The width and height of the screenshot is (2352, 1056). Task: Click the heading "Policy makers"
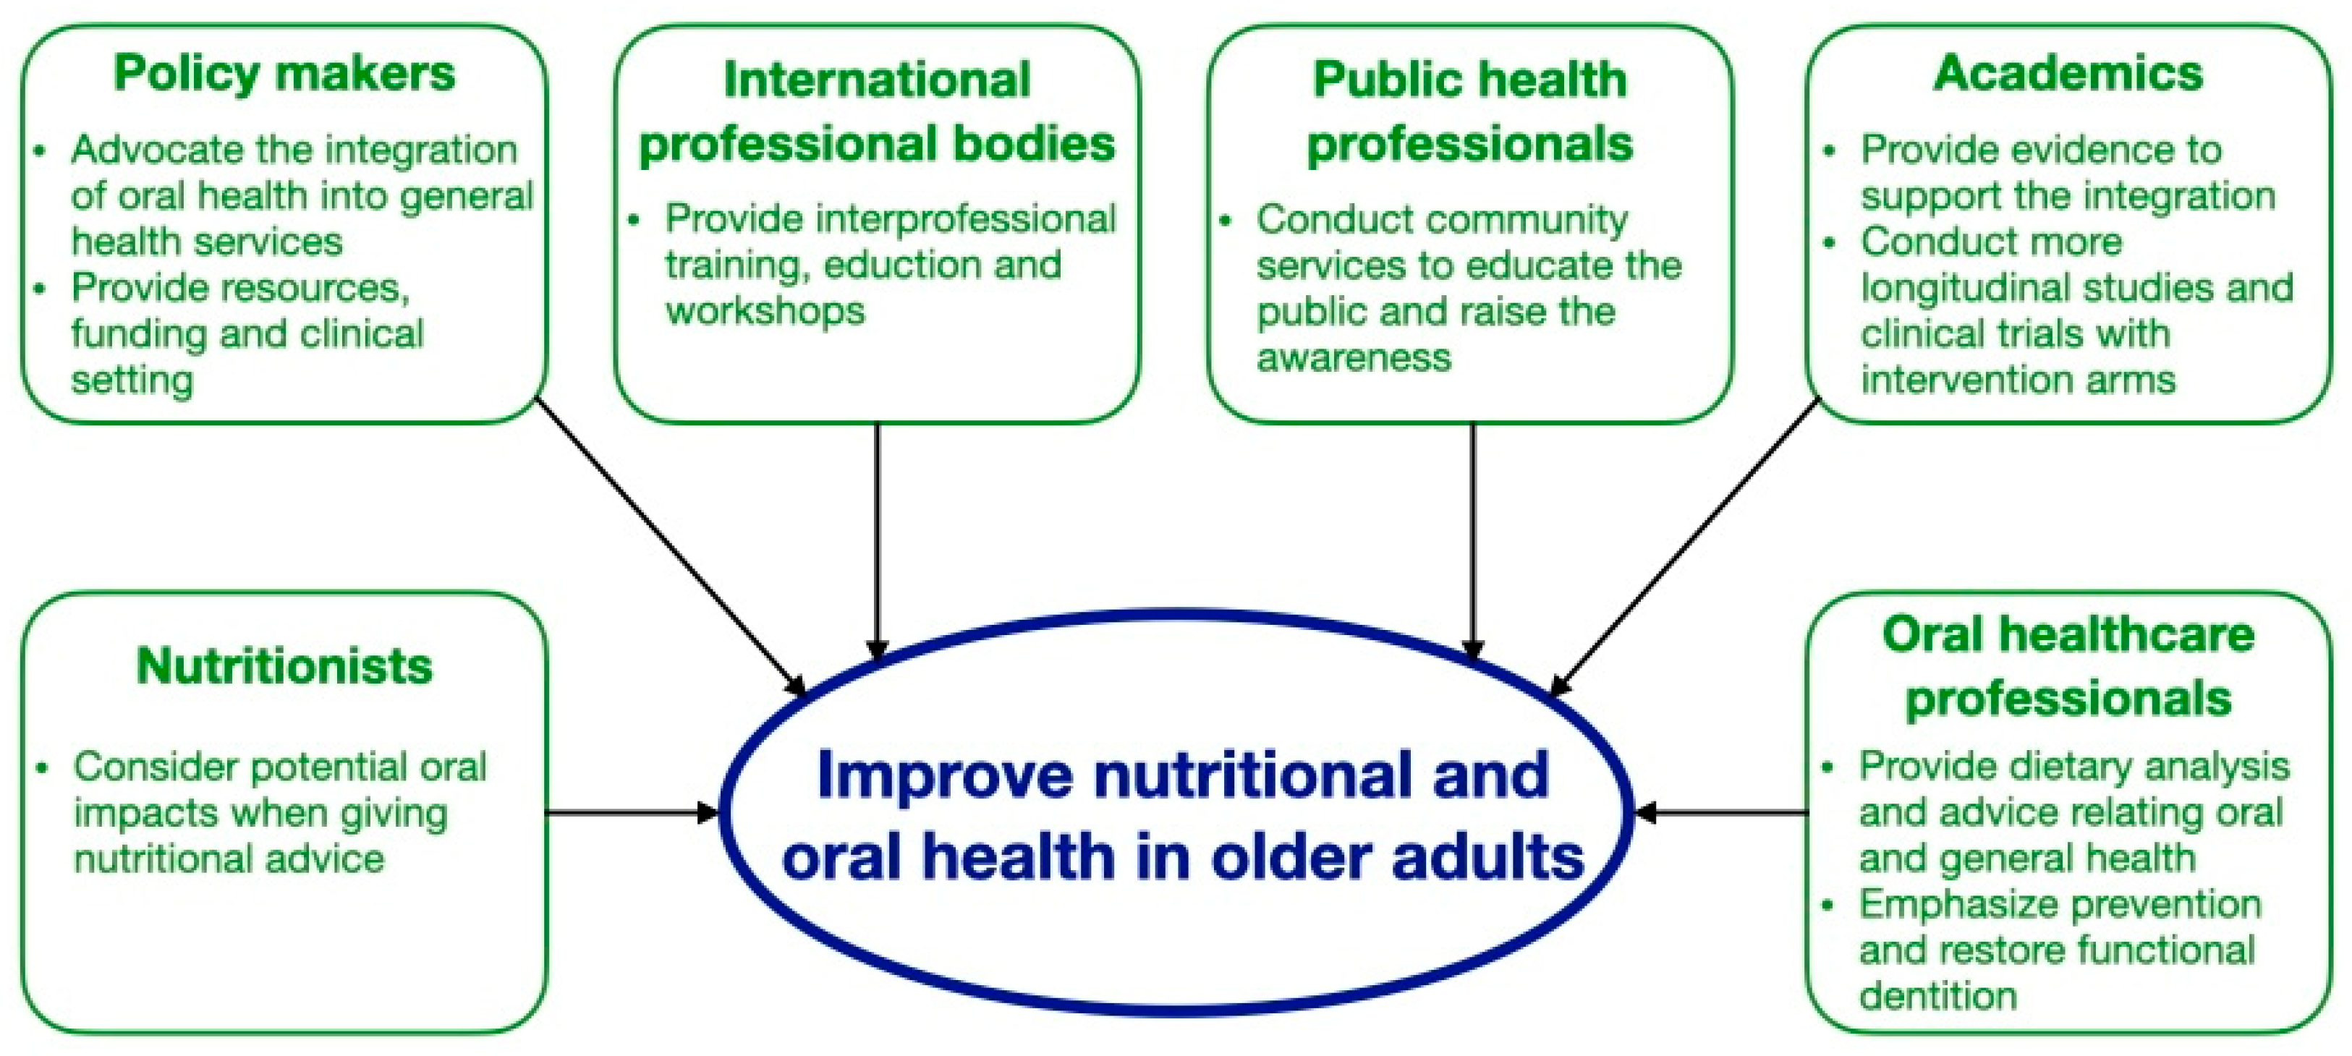tap(284, 74)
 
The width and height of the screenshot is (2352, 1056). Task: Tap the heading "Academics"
tap(2068, 73)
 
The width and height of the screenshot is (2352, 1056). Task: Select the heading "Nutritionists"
tap(284, 665)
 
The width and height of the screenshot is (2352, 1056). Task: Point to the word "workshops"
tap(765, 311)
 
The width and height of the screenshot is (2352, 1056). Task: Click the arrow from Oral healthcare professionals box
tap(1722, 812)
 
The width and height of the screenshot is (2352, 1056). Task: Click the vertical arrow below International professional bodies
tap(878, 541)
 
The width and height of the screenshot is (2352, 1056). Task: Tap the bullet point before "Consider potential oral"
tap(42, 767)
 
